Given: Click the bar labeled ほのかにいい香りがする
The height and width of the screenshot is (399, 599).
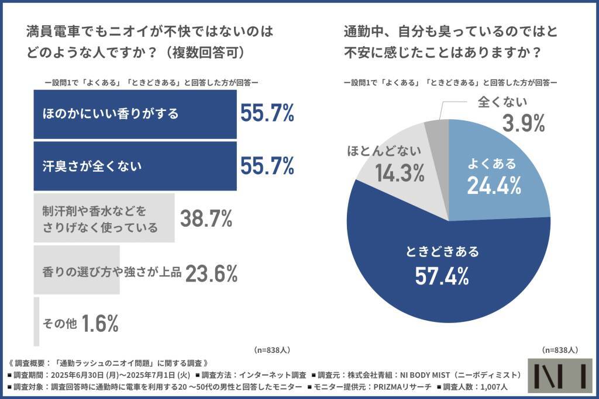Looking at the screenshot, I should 135,114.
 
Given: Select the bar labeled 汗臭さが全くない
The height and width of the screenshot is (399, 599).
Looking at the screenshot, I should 135,166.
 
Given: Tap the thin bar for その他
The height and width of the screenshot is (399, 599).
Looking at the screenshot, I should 37,321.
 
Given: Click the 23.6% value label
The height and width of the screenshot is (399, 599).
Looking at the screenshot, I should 211,272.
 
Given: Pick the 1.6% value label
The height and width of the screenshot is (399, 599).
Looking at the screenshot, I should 100,322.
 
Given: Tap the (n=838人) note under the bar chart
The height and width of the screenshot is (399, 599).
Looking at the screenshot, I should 273,350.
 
